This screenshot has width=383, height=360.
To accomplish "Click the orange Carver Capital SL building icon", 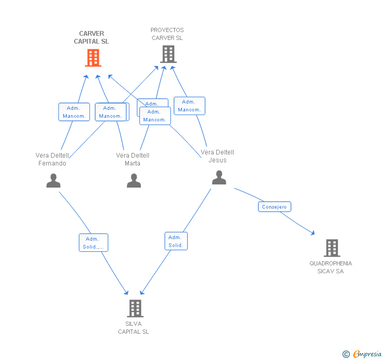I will [x=93, y=58].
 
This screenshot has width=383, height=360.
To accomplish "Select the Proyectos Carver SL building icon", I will [x=168, y=54].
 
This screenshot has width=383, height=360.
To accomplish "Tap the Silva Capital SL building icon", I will [x=135, y=308].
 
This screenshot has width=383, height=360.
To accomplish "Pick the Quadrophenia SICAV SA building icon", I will [x=331, y=248].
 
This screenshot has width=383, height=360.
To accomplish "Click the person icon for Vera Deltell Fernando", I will [x=53, y=180].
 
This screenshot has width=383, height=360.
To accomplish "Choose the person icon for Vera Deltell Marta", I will [x=134, y=180].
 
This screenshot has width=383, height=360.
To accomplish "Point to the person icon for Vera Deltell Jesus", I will [x=219, y=177].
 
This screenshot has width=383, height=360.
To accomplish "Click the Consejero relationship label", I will [x=274, y=207].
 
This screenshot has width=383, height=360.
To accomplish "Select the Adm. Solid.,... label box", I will [x=94, y=243].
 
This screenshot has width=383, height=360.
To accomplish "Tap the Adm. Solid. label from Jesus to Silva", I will [x=176, y=241].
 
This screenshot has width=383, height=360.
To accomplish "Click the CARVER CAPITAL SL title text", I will [x=92, y=37].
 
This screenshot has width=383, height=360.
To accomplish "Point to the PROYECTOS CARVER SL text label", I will [x=167, y=34].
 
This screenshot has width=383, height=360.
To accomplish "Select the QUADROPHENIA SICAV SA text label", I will [x=330, y=267].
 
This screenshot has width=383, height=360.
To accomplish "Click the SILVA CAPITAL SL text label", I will [x=134, y=327].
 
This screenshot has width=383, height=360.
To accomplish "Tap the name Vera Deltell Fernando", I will [x=52, y=159].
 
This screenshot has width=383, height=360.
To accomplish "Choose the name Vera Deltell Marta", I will [x=133, y=159].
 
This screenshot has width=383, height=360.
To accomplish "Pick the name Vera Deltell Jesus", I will [x=217, y=156].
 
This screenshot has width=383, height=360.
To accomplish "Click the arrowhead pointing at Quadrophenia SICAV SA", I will [x=313, y=233].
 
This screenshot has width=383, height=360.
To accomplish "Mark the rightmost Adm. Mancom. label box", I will [x=189, y=106].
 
